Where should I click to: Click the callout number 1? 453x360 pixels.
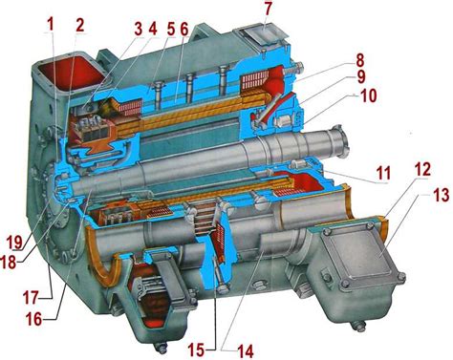pyautogui.click(x=50, y=25)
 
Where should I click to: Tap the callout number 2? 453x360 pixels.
pyautogui.click(x=79, y=25)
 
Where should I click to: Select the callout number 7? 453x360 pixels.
pyautogui.click(x=268, y=10)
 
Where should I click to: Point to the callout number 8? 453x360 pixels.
pyautogui.click(x=359, y=61)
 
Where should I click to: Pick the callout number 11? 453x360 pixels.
pyautogui.click(x=382, y=174)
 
